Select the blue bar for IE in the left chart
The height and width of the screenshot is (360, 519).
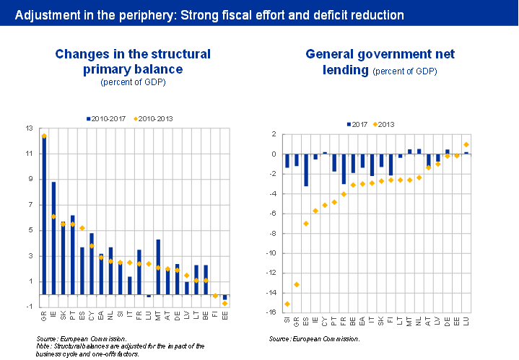tap(53, 238)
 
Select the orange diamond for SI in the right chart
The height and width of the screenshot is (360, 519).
tap(287, 304)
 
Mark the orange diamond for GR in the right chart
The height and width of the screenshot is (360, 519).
tap(296, 284)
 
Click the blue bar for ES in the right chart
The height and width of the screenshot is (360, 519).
tap(305, 170)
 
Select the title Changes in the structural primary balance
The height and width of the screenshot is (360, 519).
tap(133, 61)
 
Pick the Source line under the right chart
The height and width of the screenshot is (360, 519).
tap(314, 338)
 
